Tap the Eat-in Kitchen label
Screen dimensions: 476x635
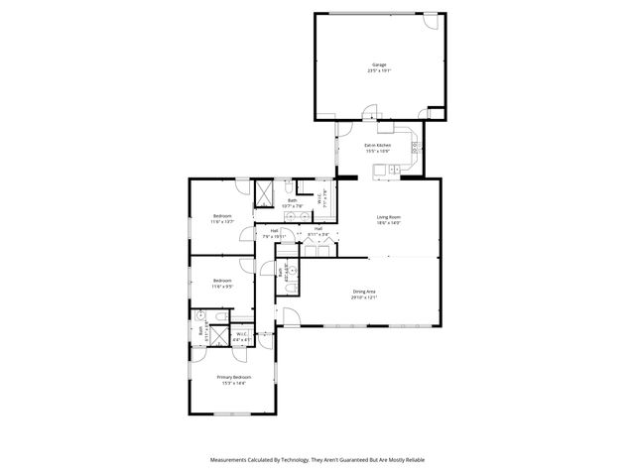[377, 146]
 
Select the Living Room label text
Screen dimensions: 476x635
[387, 216]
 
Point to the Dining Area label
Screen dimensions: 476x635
[364, 292]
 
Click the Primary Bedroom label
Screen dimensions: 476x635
[234, 377]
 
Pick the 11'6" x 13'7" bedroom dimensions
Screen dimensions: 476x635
[222, 222]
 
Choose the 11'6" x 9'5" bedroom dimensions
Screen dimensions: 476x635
[222, 287]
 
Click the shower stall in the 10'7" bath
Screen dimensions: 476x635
[264, 193]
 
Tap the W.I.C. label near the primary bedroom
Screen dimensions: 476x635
[241, 334]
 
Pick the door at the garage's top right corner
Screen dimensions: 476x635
[430, 20]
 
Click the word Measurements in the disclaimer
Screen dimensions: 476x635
[231, 460]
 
